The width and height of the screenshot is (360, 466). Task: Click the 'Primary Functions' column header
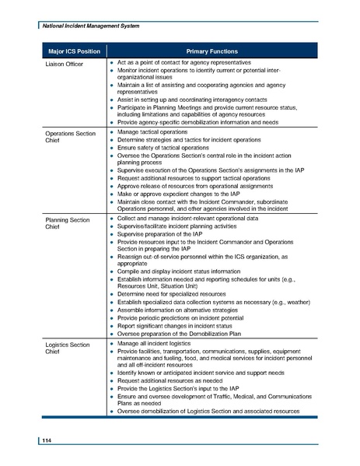point(210,51)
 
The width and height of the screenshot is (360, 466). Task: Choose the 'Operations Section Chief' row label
point(70,138)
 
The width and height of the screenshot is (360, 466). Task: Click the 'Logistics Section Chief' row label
point(68,347)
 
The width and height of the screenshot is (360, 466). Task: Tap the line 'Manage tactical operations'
point(159,135)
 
